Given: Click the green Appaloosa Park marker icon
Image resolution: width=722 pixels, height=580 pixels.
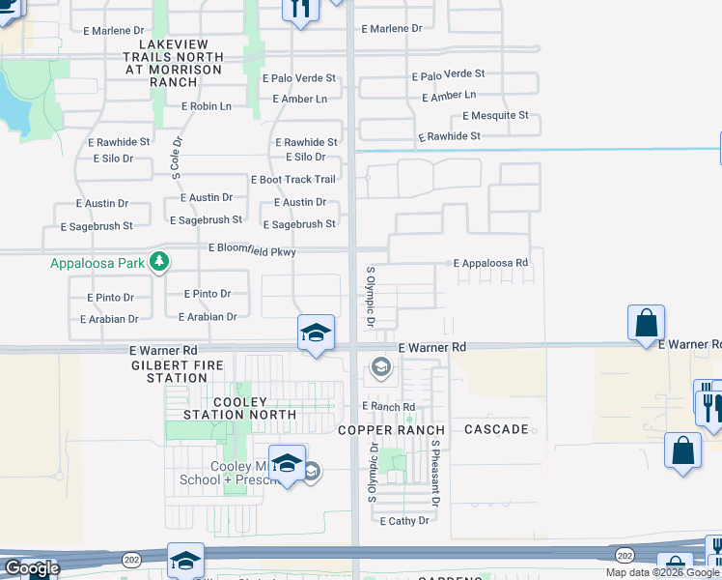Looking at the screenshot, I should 160,262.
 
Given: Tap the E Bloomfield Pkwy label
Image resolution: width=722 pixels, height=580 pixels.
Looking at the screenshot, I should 252,250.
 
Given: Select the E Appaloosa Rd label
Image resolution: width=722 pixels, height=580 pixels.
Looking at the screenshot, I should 491,263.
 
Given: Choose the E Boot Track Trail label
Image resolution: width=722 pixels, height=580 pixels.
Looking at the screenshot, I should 292,180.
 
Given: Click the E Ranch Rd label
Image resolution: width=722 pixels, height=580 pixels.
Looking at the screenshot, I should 388,407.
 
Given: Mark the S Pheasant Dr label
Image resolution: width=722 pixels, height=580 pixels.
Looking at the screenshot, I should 436,473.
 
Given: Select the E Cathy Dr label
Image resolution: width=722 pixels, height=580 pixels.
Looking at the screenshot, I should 410,521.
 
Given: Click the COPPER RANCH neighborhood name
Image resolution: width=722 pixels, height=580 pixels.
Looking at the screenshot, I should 391,429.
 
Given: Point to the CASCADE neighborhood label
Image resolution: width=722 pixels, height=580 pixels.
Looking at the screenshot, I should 496,429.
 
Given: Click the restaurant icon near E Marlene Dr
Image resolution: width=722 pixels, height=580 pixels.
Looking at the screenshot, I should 300,9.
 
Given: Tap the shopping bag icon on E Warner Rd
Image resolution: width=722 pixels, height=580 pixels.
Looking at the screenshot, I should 645,324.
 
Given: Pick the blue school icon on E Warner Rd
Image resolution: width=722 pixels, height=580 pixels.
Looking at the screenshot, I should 316,333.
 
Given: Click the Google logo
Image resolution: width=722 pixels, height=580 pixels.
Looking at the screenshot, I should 31,568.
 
